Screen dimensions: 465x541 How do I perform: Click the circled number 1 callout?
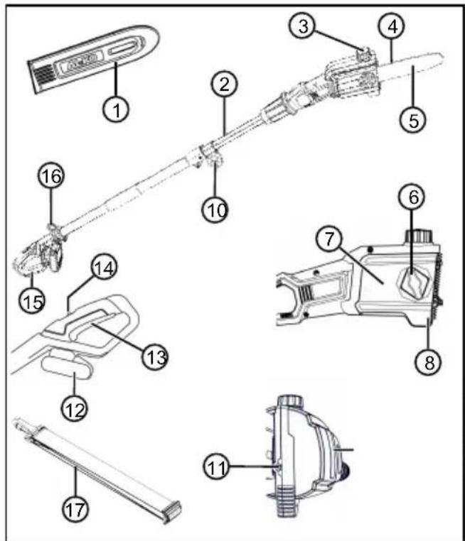click(x=117, y=110)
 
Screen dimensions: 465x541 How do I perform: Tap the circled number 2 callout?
click(x=225, y=84)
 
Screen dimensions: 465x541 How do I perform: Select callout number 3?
click(x=303, y=26)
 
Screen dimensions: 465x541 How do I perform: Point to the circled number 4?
click(x=392, y=26)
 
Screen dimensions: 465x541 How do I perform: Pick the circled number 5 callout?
click(x=413, y=120)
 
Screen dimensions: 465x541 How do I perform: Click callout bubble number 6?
click(x=413, y=197)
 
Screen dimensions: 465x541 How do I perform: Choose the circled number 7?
click(x=329, y=239)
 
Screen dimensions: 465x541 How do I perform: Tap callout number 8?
click(x=429, y=362)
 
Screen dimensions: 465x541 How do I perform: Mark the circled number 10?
click(x=215, y=209)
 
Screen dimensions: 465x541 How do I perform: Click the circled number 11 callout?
click(x=217, y=467)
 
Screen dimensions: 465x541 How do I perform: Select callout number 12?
click(x=75, y=410)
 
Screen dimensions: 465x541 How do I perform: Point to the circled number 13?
click(x=156, y=356)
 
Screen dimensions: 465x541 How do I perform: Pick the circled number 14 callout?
click(x=104, y=268)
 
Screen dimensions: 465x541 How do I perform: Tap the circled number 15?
click(x=32, y=301)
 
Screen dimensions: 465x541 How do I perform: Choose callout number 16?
click(x=51, y=176)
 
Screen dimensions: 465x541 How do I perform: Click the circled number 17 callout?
click(x=75, y=509)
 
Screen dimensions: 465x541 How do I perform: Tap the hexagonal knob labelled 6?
click(x=415, y=284)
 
